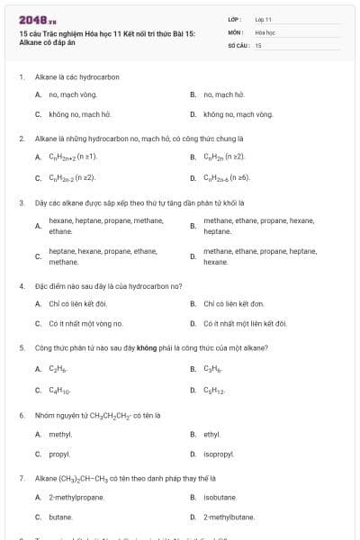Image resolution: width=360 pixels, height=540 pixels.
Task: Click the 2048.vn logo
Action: click(x=33, y=19)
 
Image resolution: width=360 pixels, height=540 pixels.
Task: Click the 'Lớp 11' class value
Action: click(x=263, y=19)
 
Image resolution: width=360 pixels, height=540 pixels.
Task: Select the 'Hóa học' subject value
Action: click(x=265, y=31)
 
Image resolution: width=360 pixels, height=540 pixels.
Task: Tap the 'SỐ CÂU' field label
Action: click(x=238, y=44)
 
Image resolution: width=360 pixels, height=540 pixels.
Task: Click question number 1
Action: click(x=21, y=76)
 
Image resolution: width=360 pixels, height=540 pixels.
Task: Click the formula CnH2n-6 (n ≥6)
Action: click(x=232, y=177)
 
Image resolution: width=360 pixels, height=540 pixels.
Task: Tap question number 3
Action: click(x=21, y=202)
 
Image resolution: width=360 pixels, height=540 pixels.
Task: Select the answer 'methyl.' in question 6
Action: click(x=60, y=434)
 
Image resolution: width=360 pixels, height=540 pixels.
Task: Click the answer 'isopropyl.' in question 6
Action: click(x=219, y=454)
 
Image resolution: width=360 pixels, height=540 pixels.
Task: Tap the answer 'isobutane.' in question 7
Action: click(x=220, y=496)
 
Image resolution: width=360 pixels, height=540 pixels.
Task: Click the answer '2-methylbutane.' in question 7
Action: click(x=229, y=517)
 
